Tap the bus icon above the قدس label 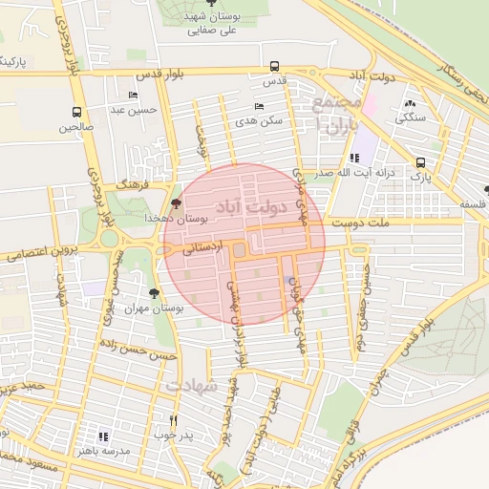pos(275,67)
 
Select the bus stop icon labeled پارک pos(421,162)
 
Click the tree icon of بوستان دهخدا pos(174,203)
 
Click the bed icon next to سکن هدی pos(258,107)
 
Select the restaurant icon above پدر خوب pos(173,420)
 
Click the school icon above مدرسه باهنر pos(103,436)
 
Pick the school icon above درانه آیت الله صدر pos(354,159)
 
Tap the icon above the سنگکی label pos(411,103)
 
